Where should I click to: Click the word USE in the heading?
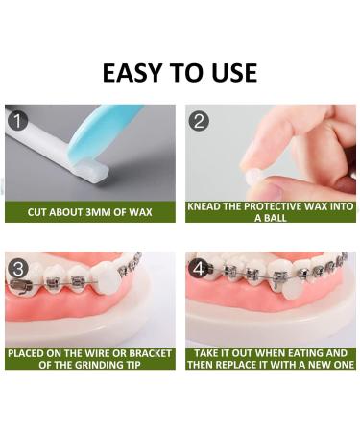[x=234, y=73]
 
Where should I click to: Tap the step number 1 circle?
[x=17, y=121]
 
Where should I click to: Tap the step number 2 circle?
[x=199, y=121]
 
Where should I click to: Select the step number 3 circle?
[x=18, y=268]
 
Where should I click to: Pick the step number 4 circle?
[x=199, y=268]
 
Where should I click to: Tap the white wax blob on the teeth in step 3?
[x=106, y=277]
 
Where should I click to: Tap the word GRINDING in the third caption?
[x=96, y=365]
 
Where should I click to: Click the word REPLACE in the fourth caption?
[x=233, y=365]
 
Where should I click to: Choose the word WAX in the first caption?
[x=140, y=212]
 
